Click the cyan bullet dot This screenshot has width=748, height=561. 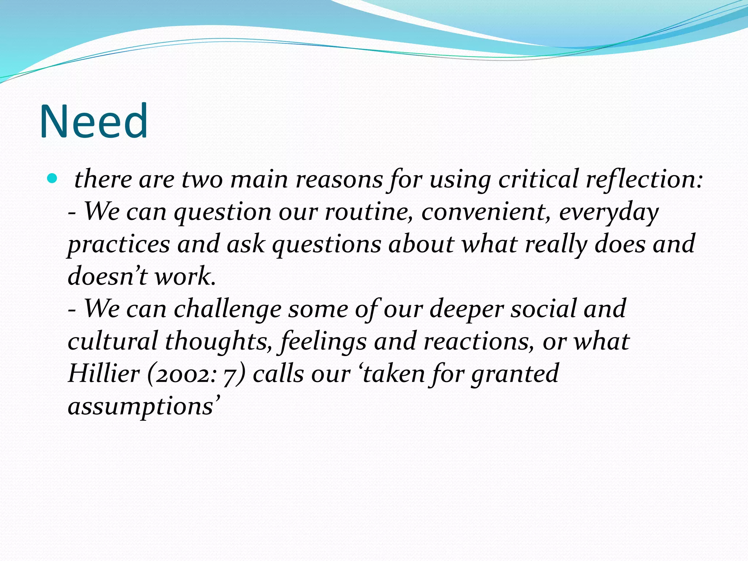pos(53,179)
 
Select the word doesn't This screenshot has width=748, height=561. pos(107,276)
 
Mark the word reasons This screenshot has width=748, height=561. pos(339,179)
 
